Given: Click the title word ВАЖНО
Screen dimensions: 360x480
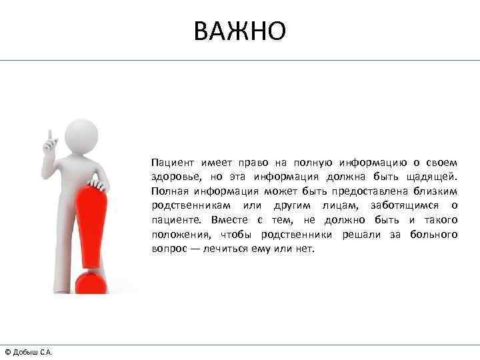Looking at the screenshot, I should tap(240, 30).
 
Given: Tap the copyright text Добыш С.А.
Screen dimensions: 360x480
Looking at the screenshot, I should tap(28, 351).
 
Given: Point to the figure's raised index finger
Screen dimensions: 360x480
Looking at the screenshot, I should tap(49, 133).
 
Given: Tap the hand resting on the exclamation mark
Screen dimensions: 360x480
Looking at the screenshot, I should tap(97, 183).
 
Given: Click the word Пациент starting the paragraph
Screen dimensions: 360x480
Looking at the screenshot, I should tap(170, 163).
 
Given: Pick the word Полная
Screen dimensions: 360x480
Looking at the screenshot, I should tap(169, 191).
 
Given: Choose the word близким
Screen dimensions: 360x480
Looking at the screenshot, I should tap(437, 191).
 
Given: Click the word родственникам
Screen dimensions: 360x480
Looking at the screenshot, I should tap(189, 205).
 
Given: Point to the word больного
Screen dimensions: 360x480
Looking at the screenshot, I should tap(433, 234).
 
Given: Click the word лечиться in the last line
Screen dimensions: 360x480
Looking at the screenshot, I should tap(236, 249).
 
